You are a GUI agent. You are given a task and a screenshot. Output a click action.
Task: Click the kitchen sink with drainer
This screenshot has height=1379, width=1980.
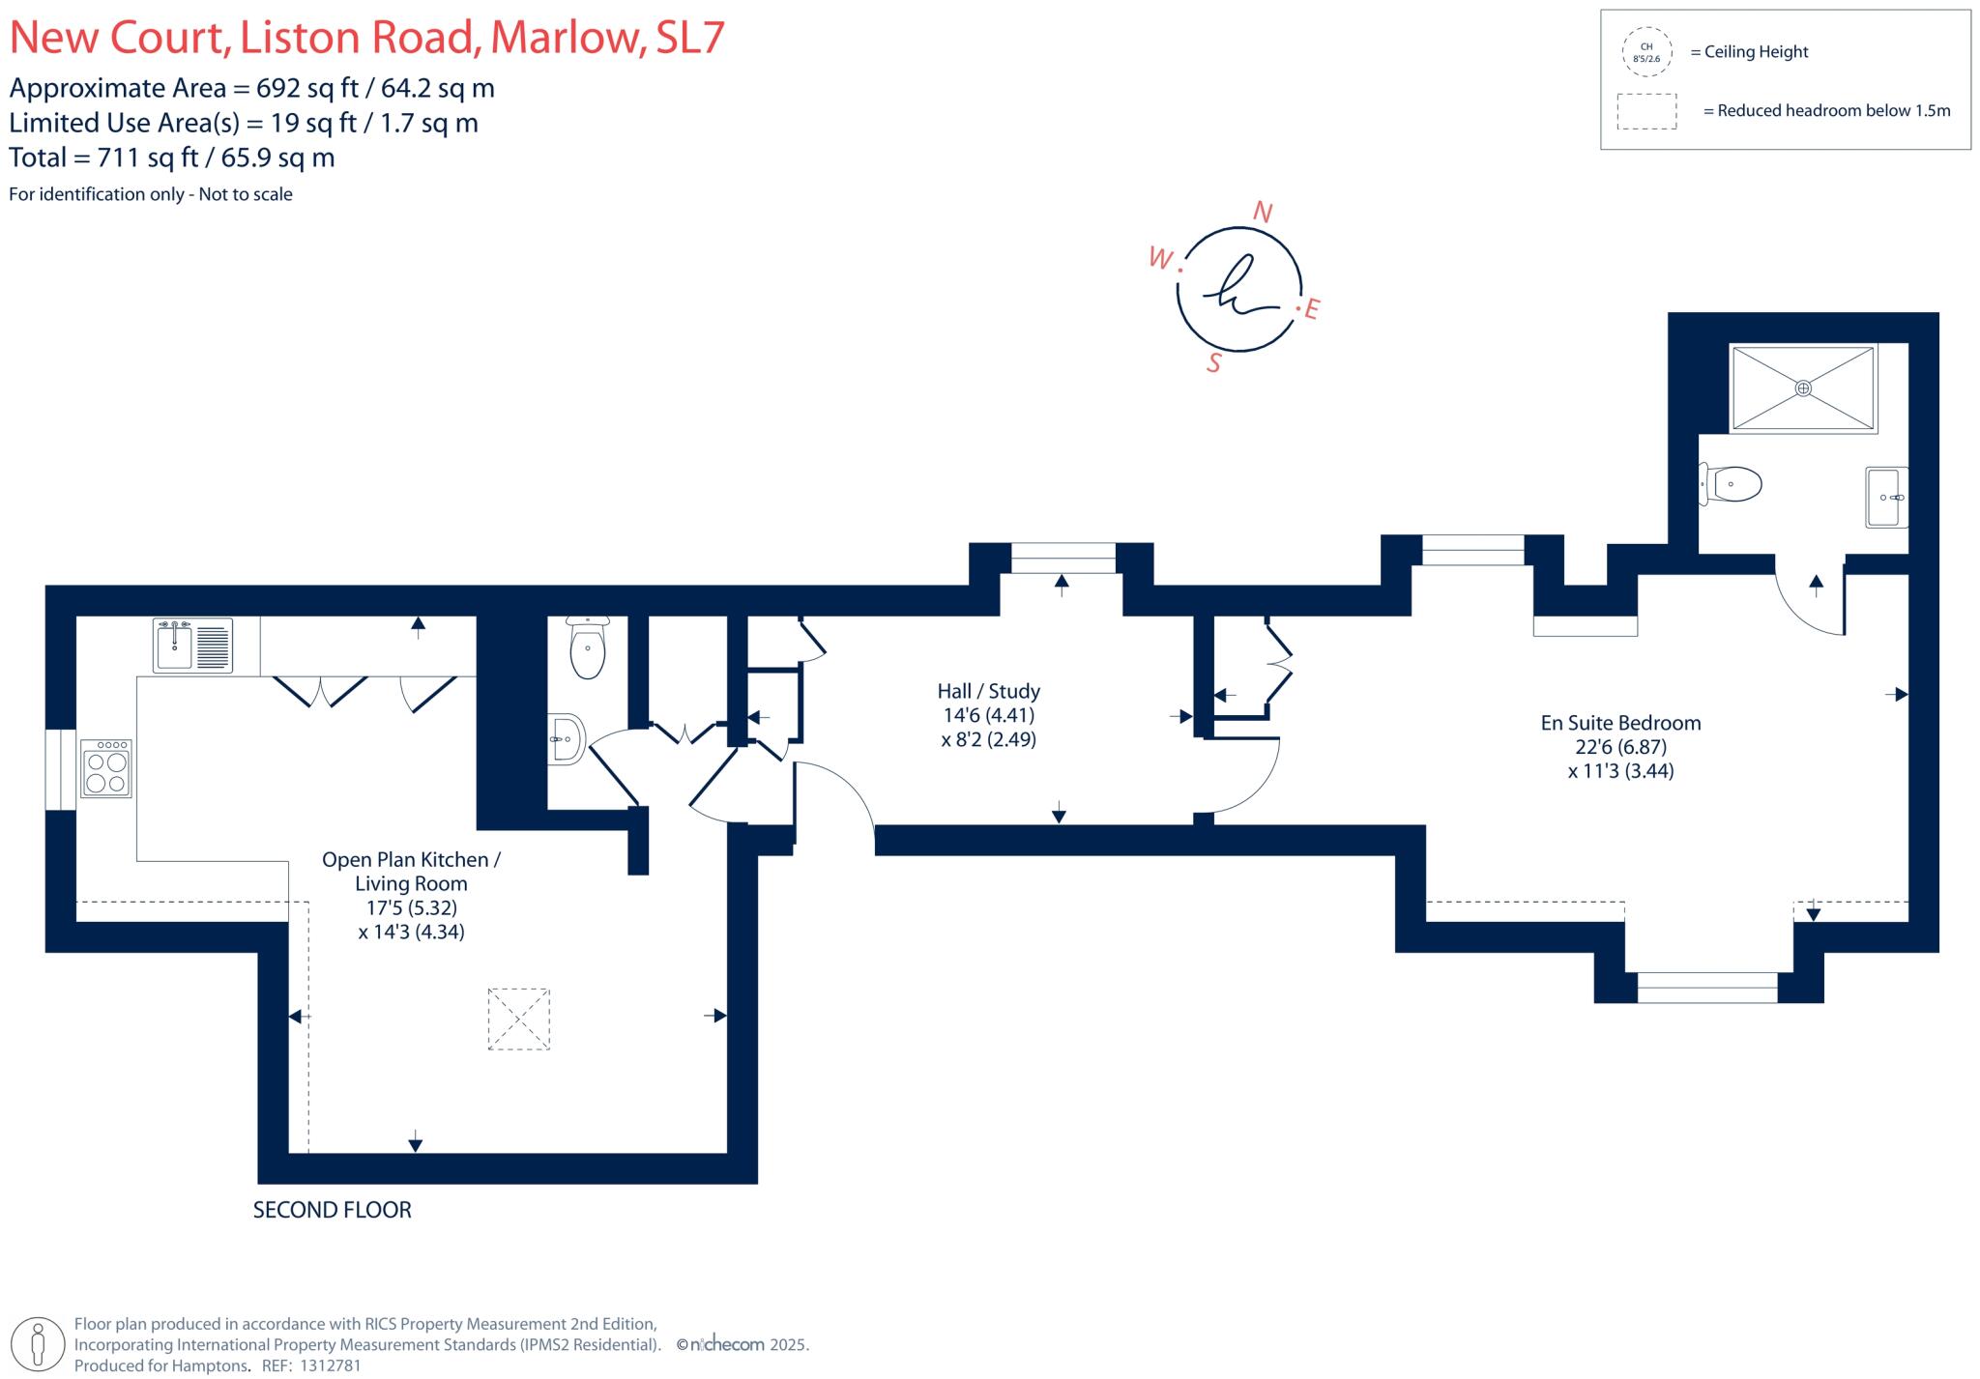coord(193,645)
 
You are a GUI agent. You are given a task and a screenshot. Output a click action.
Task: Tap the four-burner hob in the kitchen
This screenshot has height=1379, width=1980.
coord(106,768)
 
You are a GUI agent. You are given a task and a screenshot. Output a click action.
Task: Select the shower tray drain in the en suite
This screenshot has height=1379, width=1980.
coord(1802,388)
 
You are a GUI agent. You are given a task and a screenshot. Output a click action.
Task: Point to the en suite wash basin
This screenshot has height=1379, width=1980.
coord(1885,498)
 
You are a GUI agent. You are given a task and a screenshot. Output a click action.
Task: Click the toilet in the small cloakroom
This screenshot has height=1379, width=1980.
coord(588,648)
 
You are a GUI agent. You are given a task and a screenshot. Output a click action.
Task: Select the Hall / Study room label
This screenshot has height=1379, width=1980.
coord(988,715)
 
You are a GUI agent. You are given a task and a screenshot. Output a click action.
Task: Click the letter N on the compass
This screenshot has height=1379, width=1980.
coord(1262,213)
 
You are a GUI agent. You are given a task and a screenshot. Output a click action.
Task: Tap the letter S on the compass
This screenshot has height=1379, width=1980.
coord(1214,363)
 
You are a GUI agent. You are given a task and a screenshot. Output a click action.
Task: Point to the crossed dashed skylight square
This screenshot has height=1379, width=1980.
coord(518,1019)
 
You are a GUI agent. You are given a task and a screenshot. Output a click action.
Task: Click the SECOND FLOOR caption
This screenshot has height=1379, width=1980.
coord(332,1210)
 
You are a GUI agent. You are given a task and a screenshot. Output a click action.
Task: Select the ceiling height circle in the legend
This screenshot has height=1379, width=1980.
coord(1646,52)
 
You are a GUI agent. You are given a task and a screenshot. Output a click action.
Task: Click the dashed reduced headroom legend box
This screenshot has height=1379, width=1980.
coord(1646,111)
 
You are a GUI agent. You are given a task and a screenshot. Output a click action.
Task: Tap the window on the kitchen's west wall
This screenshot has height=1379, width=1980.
coord(61,769)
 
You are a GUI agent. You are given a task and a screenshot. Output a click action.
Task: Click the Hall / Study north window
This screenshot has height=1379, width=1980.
coord(1063,558)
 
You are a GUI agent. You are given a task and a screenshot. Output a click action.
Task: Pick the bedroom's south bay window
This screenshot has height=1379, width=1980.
coord(1706,987)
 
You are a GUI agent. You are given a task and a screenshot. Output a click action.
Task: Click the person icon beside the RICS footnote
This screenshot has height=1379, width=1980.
coord(38,1343)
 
